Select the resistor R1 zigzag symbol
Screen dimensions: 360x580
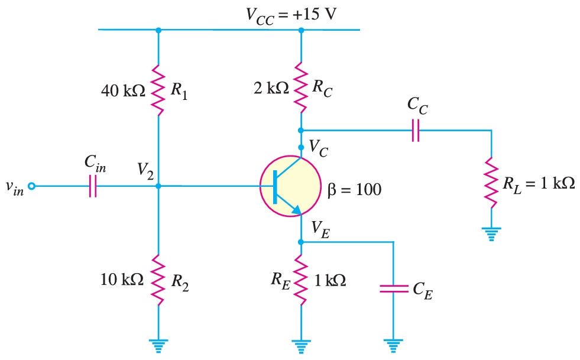coord(158,90)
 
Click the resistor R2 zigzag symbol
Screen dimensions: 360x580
coord(158,280)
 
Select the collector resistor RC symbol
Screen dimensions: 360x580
coord(301,87)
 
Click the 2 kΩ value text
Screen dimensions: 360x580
coord(271,88)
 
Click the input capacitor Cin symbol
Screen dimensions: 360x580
coord(92,186)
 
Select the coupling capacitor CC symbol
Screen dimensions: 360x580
coord(416,130)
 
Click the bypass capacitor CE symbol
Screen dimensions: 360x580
coord(393,288)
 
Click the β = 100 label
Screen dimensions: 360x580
coord(354,190)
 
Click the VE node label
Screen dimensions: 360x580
coord(320,228)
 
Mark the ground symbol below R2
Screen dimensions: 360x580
coord(158,344)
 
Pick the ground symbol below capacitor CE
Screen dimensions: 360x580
coord(393,344)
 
